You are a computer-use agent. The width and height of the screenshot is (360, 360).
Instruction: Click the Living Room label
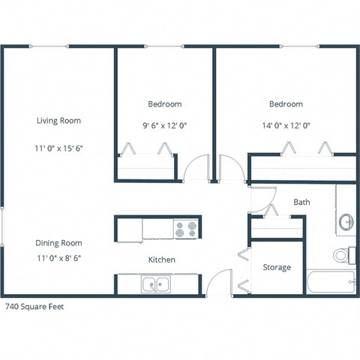click(58, 121)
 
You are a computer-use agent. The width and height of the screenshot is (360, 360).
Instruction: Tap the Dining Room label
click(58, 243)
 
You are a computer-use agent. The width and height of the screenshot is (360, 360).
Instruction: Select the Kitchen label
click(162, 259)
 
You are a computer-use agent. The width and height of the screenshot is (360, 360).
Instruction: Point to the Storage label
click(276, 268)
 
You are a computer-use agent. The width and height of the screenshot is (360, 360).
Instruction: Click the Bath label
click(301, 202)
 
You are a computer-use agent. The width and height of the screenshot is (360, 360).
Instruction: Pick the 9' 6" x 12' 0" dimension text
click(164, 126)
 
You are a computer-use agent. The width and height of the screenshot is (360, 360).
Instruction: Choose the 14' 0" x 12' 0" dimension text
click(286, 126)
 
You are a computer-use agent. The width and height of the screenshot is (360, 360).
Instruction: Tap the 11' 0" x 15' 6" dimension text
click(58, 148)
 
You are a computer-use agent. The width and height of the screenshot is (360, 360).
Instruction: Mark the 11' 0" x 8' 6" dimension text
click(58, 257)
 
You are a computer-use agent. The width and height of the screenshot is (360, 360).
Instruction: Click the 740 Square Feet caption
click(36, 307)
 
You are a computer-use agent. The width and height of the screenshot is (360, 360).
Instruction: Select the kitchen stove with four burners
click(185, 227)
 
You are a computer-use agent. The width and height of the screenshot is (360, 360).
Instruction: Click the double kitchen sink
click(157, 284)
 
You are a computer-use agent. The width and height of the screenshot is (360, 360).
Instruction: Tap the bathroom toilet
click(343, 255)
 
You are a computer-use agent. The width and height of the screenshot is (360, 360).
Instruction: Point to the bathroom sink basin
click(346, 221)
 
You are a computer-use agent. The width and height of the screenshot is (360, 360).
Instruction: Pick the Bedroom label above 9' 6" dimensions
click(164, 104)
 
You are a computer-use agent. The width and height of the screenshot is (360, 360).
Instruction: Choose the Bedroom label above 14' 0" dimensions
click(286, 104)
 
